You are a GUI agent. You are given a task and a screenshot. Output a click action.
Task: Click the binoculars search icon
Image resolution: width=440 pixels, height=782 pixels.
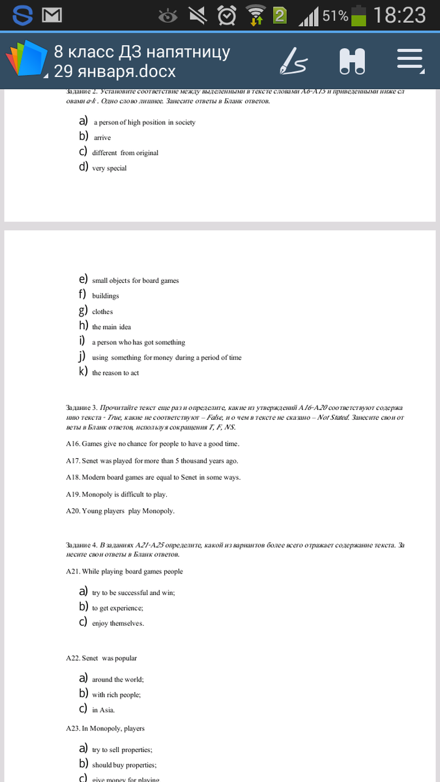click(352, 61)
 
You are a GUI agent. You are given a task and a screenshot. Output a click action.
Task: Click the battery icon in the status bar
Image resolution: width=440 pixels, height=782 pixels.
click(359, 15)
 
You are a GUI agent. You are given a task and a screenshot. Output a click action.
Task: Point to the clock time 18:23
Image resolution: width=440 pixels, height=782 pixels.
click(400, 15)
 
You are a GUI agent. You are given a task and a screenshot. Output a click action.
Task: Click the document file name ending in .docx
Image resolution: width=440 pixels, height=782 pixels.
click(115, 71)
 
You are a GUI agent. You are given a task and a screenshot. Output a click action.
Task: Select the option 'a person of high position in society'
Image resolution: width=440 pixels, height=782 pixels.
click(144, 123)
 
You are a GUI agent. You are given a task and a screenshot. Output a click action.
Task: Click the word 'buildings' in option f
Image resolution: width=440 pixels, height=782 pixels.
click(106, 296)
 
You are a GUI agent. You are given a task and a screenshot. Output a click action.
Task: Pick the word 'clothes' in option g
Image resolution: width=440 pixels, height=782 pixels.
click(102, 311)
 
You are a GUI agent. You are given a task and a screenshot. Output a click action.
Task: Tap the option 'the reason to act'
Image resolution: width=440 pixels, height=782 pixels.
click(115, 373)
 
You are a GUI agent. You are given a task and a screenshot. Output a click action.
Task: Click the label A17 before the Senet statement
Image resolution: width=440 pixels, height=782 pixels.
click(72, 461)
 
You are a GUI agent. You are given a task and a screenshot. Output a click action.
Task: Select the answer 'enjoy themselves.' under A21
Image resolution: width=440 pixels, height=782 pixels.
click(118, 624)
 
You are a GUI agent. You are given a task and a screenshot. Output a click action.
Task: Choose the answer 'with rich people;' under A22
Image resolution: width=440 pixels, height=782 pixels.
click(116, 695)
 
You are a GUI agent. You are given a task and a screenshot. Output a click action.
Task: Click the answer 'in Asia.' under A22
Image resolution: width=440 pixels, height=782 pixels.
click(103, 710)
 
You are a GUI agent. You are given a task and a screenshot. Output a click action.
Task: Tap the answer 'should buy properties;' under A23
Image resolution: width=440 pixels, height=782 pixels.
click(124, 765)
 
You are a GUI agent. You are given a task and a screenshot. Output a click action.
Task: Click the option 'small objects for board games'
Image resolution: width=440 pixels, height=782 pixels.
click(135, 280)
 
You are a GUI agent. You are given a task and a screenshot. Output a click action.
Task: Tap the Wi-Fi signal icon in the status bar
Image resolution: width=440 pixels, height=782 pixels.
click(256, 14)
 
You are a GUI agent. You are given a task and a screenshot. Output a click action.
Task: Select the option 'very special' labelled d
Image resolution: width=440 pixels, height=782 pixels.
click(110, 168)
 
